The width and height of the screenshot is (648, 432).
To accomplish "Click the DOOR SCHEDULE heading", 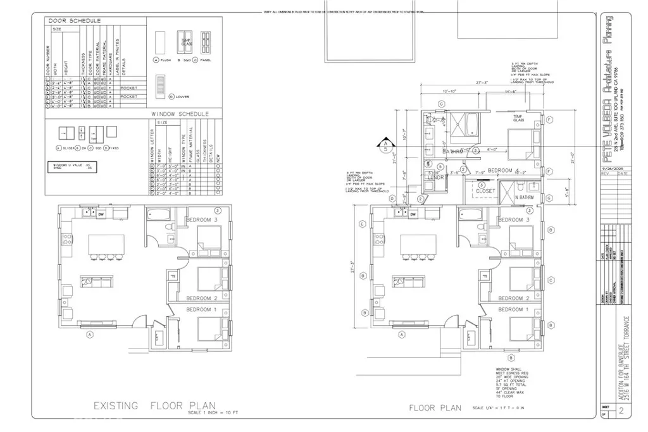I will [75, 21].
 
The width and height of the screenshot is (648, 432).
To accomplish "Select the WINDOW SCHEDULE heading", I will [180, 114].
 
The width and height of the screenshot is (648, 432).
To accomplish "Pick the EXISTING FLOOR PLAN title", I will [155, 405].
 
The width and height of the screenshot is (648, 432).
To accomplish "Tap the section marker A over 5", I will [383, 146].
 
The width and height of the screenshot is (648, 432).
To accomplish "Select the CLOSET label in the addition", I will [485, 190].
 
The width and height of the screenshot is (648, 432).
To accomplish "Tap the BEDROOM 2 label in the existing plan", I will [202, 298].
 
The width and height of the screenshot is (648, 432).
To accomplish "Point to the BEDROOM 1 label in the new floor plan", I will [514, 309].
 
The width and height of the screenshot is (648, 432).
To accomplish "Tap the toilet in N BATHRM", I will [518, 188].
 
